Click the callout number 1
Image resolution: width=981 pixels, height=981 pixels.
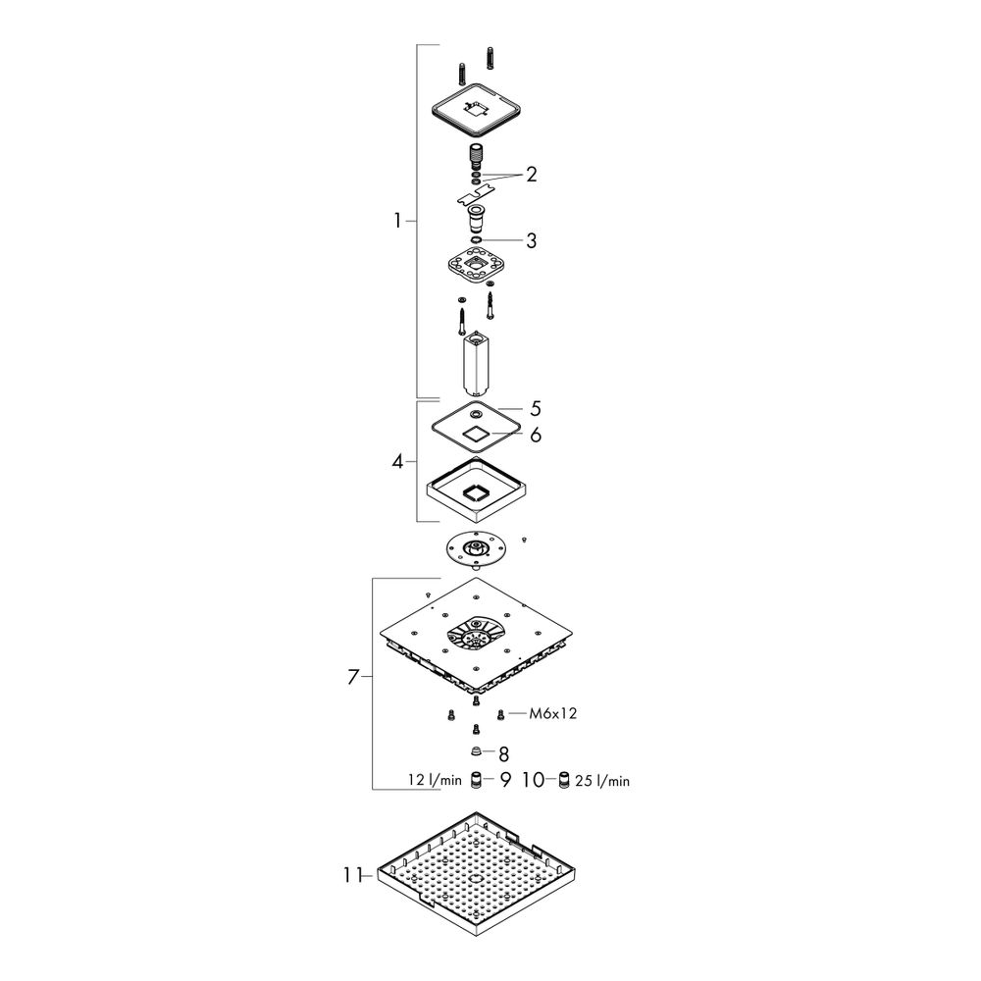(397, 221)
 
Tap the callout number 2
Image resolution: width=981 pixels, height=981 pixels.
(531, 175)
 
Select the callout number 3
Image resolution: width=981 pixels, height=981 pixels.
(531, 241)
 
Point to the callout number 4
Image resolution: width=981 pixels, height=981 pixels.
(398, 462)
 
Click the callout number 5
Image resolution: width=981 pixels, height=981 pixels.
(536, 408)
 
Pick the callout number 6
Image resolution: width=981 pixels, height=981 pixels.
(536, 435)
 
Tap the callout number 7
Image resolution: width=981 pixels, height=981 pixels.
(353, 677)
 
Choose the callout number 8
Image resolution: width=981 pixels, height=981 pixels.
(503, 753)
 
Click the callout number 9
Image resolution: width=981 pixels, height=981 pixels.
(505, 780)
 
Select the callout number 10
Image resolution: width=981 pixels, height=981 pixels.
(533, 780)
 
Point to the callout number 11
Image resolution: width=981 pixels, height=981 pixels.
(351, 875)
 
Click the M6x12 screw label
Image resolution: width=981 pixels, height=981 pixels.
(553, 713)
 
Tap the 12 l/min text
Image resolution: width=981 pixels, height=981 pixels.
(435, 780)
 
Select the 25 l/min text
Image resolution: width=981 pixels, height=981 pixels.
(602, 781)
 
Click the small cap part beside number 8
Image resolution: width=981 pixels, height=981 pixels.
(476, 751)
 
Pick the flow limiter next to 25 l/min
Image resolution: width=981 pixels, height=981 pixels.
(564, 780)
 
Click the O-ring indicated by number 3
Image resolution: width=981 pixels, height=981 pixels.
(476, 240)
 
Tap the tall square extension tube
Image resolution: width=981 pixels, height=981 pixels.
(476, 365)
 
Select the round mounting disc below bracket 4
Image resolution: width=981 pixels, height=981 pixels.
(476, 550)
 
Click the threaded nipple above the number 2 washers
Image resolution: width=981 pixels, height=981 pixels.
(478, 155)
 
